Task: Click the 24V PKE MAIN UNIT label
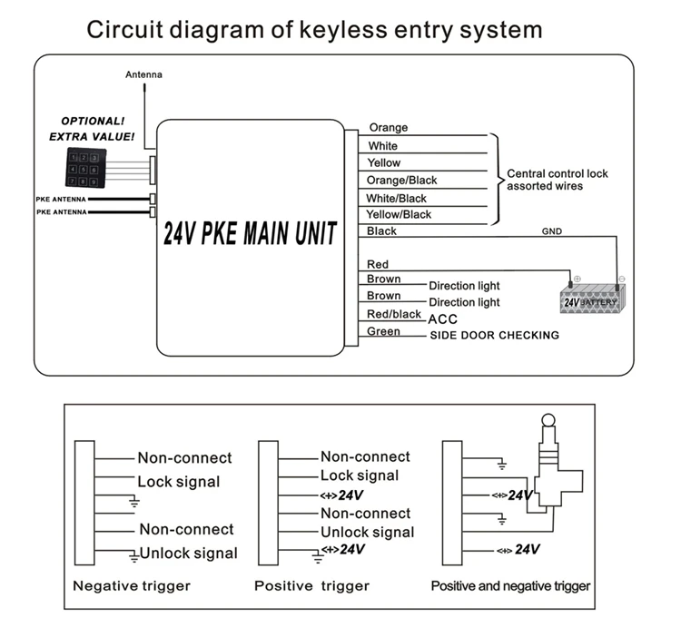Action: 250,235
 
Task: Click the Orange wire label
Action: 388,128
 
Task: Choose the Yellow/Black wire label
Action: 399,214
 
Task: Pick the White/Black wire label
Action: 397,198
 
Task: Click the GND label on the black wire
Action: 552,231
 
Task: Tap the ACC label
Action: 442,319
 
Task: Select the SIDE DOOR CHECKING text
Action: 494,336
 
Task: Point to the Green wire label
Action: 383,331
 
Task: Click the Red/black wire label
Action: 394,314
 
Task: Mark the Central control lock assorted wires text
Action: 557,180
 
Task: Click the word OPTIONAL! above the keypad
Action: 92,121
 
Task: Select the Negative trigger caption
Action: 132,586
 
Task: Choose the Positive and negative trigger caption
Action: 510,586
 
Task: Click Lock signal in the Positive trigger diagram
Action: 359,475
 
